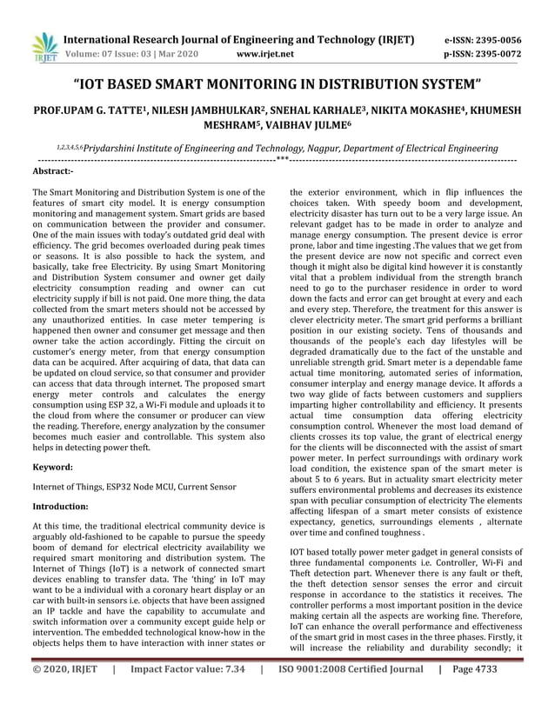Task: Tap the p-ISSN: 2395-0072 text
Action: tap(485, 54)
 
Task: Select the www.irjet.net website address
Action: tap(264, 54)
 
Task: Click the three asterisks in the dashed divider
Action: tap(282, 160)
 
